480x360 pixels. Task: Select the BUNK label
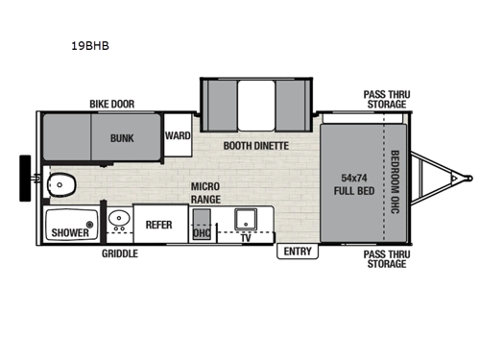pyautogui.click(x=121, y=137)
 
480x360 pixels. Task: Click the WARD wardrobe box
pyautogui.click(x=178, y=136)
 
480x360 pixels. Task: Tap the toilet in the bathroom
pyautogui.click(x=63, y=181)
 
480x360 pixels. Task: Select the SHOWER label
pyautogui.click(x=70, y=231)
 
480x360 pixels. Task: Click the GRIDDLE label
pyautogui.click(x=120, y=254)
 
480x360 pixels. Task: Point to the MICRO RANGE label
pyautogui.click(x=206, y=191)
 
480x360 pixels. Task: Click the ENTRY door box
pyautogui.click(x=295, y=251)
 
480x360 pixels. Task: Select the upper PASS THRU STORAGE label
pyautogui.click(x=385, y=99)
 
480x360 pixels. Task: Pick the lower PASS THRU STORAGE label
pyautogui.click(x=385, y=259)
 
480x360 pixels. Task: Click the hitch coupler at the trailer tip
pyautogui.click(x=468, y=177)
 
